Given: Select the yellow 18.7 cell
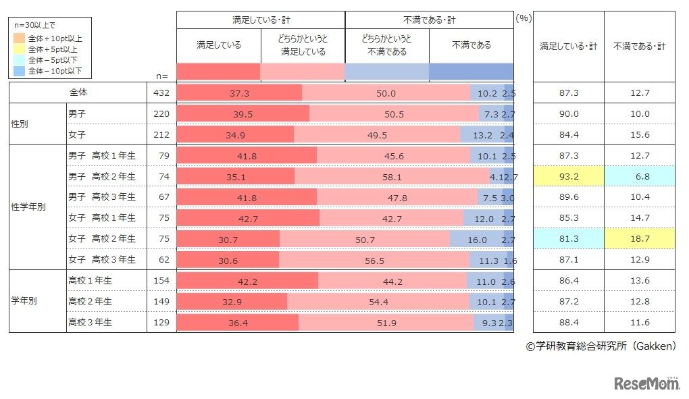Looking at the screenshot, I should pyautogui.click(x=639, y=239).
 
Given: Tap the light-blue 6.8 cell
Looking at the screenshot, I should pyautogui.click(x=639, y=177).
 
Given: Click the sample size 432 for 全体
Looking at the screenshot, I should pyautogui.click(x=161, y=93).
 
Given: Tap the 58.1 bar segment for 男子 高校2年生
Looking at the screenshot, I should pyautogui.click(x=391, y=177).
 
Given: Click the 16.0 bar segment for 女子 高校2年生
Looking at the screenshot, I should pyautogui.click(x=477, y=239).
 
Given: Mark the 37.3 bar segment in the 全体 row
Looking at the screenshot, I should pyautogui.click(x=239, y=93).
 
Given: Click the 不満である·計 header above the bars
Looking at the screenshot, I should pyautogui.click(x=429, y=20).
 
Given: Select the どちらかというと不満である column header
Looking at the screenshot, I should pyautogui.click(x=387, y=45).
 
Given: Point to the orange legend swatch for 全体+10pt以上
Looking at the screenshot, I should pyautogui.click(x=22, y=39).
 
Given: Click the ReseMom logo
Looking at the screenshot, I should pyautogui.click(x=647, y=383).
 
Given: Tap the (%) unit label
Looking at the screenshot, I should pyautogui.click(x=524, y=18).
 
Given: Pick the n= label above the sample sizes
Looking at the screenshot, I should pyautogui.click(x=161, y=76).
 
